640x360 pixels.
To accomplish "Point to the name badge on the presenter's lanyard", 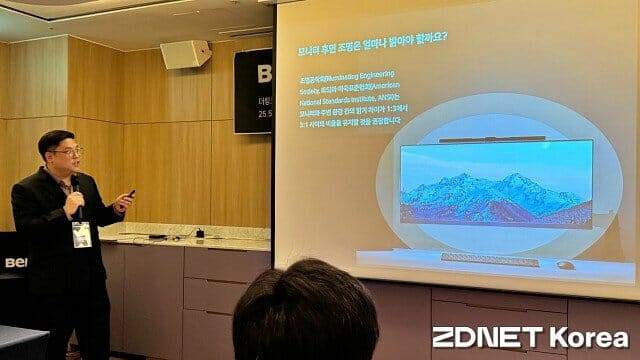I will point(82,233).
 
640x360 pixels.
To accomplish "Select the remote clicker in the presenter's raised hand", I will point(130,194).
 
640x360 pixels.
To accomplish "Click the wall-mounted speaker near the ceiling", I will point(186,55).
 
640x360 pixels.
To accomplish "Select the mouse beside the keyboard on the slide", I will point(566,265).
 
